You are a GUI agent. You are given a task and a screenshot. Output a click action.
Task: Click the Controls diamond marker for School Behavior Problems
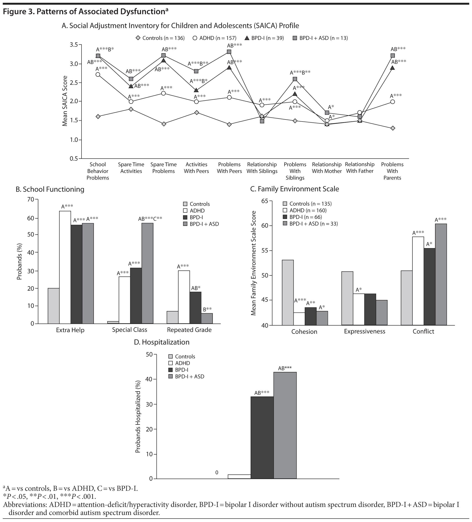click(x=98, y=117)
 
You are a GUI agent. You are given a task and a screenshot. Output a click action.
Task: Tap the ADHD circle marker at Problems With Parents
click(x=392, y=102)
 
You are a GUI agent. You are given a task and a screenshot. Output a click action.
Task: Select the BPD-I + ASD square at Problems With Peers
click(x=229, y=52)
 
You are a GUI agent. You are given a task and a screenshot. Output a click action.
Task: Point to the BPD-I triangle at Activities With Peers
click(x=196, y=90)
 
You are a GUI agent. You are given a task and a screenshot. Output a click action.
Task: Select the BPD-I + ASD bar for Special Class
click(x=147, y=273)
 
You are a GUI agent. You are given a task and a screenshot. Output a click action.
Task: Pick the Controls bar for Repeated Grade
click(x=172, y=317)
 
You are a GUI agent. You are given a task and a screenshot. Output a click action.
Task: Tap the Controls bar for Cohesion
click(x=288, y=292)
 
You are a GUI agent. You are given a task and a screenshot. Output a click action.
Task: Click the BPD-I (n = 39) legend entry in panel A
click(x=264, y=38)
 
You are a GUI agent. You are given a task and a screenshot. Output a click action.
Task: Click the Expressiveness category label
click(x=364, y=331)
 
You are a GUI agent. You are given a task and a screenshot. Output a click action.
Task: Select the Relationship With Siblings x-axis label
click(x=262, y=168)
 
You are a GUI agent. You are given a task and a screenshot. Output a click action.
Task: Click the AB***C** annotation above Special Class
click(x=150, y=219)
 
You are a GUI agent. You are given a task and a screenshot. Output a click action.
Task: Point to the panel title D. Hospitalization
click(x=161, y=342)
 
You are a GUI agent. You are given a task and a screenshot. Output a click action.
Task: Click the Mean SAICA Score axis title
click(x=65, y=101)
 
